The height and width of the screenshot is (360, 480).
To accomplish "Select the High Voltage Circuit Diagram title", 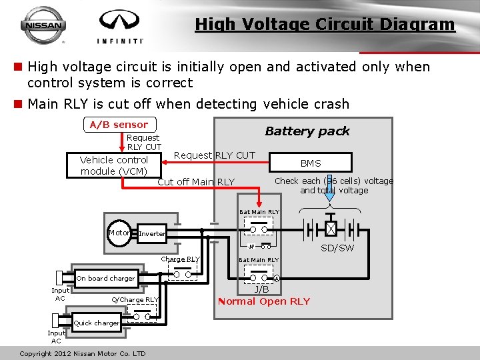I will click(325, 25).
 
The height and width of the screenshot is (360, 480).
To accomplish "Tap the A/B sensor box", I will click(119, 125).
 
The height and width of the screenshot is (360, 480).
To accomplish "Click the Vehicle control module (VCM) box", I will click(114, 165).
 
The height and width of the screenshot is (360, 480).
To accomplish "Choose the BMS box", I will click(311, 163).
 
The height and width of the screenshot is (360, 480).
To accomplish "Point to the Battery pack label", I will click(307, 131).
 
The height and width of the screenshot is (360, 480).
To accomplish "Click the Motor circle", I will click(120, 233).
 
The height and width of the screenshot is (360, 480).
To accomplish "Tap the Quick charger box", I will click(97, 323).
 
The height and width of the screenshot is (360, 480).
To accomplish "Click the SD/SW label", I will click(337, 248).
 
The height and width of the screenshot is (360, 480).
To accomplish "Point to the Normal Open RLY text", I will click(264, 301).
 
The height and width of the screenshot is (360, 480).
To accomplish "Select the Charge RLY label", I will click(180, 259).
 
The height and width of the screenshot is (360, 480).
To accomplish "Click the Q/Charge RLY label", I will click(135, 300).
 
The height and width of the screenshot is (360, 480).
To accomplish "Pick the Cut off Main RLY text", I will click(196, 182).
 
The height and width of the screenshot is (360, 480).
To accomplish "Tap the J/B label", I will click(261, 289).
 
